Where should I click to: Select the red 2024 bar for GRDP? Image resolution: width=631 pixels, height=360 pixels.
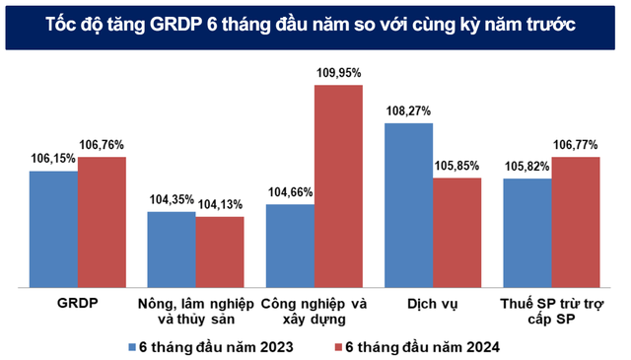[x=103, y=222]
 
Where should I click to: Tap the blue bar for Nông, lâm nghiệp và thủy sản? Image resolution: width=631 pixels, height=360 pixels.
[x=172, y=249]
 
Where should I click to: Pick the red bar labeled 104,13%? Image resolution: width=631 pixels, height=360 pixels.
[x=219, y=252]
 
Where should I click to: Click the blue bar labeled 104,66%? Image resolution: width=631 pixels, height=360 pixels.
[x=290, y=246]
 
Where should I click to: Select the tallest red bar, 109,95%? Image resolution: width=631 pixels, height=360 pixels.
[x=338, y=186]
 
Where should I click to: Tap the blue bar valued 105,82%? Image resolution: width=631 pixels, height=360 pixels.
[x=527, y=233]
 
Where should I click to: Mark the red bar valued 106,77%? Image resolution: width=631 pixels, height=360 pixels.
[x=576, y=222]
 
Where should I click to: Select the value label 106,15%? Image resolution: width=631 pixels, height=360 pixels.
[x=55, y=159]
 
